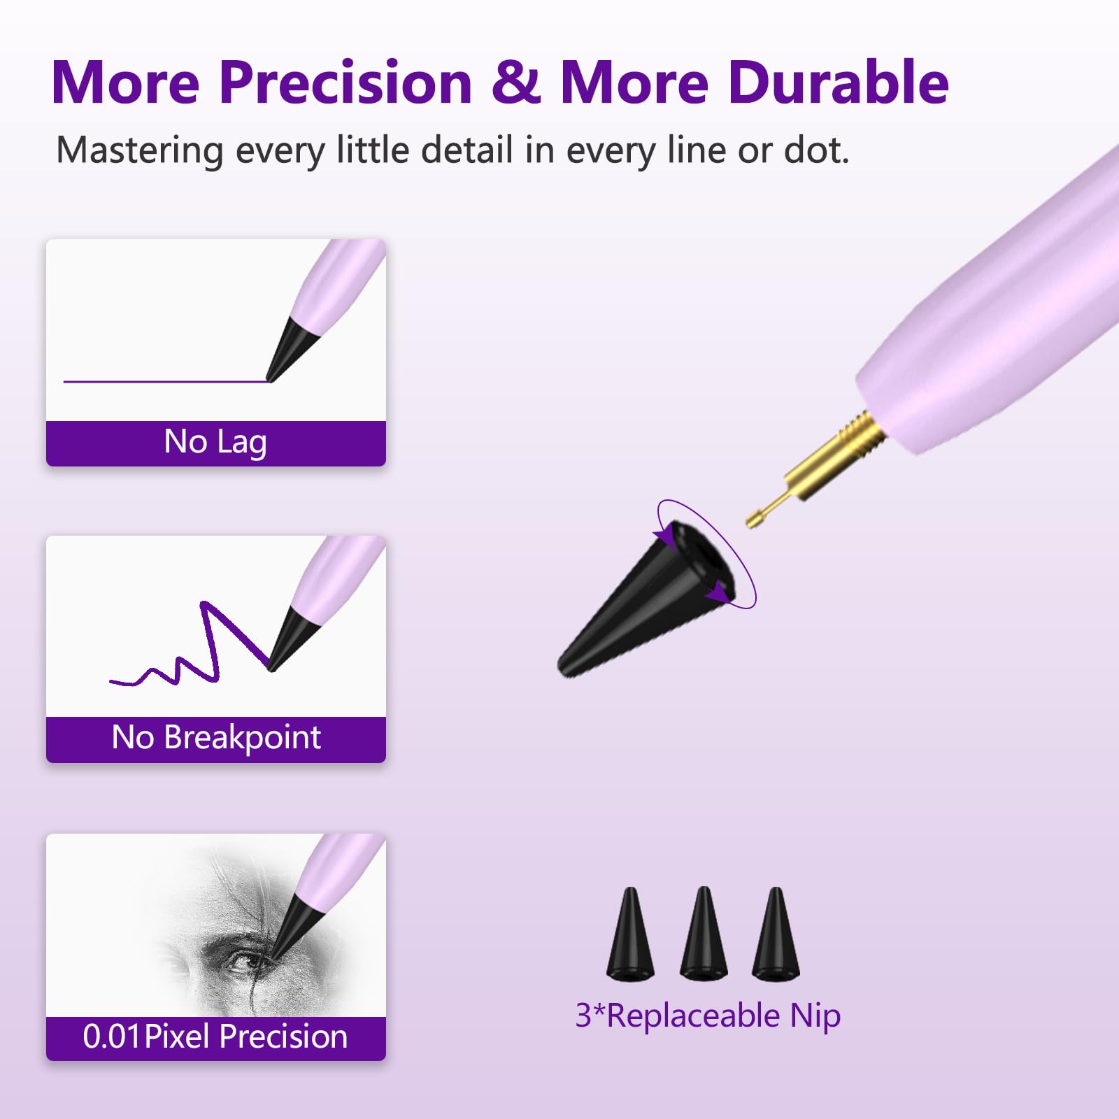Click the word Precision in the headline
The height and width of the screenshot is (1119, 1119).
coord(345,83)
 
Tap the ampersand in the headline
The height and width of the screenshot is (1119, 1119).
coord(515,83)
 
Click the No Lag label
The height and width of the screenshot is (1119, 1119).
coord(215,442)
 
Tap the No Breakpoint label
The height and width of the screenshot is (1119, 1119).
coord(215,738)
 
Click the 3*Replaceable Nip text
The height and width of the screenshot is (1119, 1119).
coord(707,1016)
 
